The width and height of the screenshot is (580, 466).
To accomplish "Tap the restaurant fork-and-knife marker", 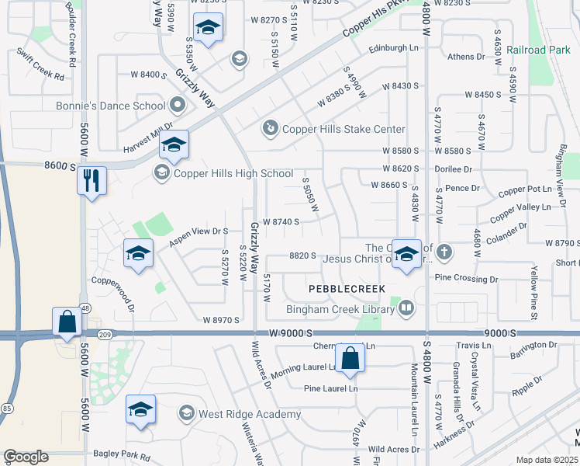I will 91,180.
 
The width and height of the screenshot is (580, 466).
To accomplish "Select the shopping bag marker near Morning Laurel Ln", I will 350,358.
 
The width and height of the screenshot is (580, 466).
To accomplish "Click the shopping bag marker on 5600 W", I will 67,322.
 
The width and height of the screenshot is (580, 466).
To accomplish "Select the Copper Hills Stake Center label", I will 343,129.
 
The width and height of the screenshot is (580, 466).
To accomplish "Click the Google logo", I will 26,457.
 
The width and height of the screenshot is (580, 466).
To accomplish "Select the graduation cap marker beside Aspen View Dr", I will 138,253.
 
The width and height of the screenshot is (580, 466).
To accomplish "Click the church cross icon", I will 444,251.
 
